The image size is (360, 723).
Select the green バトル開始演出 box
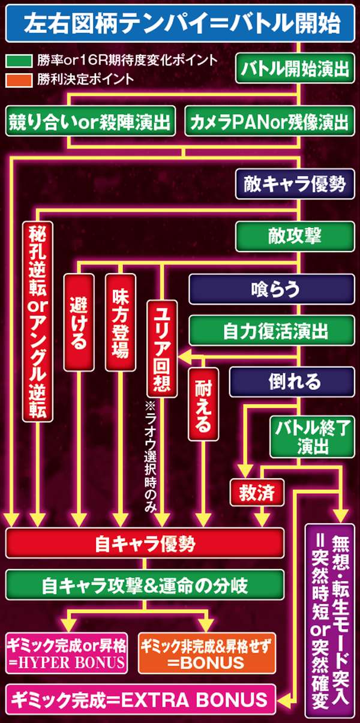pyautogui.click(x=294, y=69)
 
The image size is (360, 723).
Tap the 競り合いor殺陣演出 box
pyautogui.click(x=91, y=122)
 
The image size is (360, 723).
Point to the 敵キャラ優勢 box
pyautogui.click(x=294, y=184)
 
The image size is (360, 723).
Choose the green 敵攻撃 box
pyautogui.click(x=294, y=236)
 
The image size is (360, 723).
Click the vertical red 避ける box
pyautogui.click(x=79, y=320)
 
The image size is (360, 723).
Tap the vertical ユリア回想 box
pyautogui.click(x=162, y=348)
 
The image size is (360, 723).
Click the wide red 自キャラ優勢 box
pyautogui.click(x=145, y=544)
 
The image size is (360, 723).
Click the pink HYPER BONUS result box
pyautogui.click(x=67, y=654)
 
